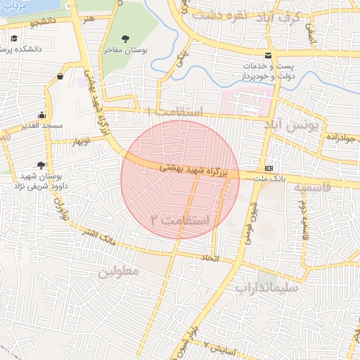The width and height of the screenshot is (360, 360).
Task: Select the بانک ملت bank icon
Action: click(269, 169)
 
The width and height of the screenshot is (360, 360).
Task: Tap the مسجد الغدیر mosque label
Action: click(41, 125)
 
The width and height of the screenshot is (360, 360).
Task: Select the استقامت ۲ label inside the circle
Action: click(180, 220)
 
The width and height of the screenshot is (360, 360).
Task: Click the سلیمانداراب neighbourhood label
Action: click(266, 287)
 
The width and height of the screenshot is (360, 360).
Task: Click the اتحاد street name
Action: click(211, 258)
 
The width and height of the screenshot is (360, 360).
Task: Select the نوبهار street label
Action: click(79, 141)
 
